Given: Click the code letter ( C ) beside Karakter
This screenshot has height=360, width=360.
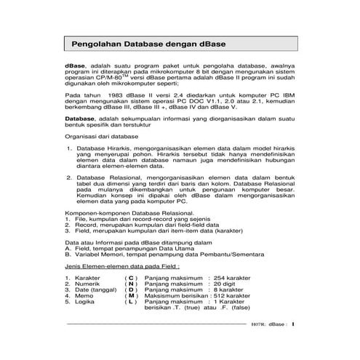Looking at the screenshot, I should pyautogui.click(x=131, y=278).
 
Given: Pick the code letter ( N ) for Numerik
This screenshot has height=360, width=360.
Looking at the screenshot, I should pyautogui.click(x=131, y=284).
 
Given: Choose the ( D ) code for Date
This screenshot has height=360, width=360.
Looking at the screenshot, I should pyautogui.click(x=131, y=290).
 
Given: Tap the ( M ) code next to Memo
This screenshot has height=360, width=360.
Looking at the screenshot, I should pyautogui.click(x=131, y=296).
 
